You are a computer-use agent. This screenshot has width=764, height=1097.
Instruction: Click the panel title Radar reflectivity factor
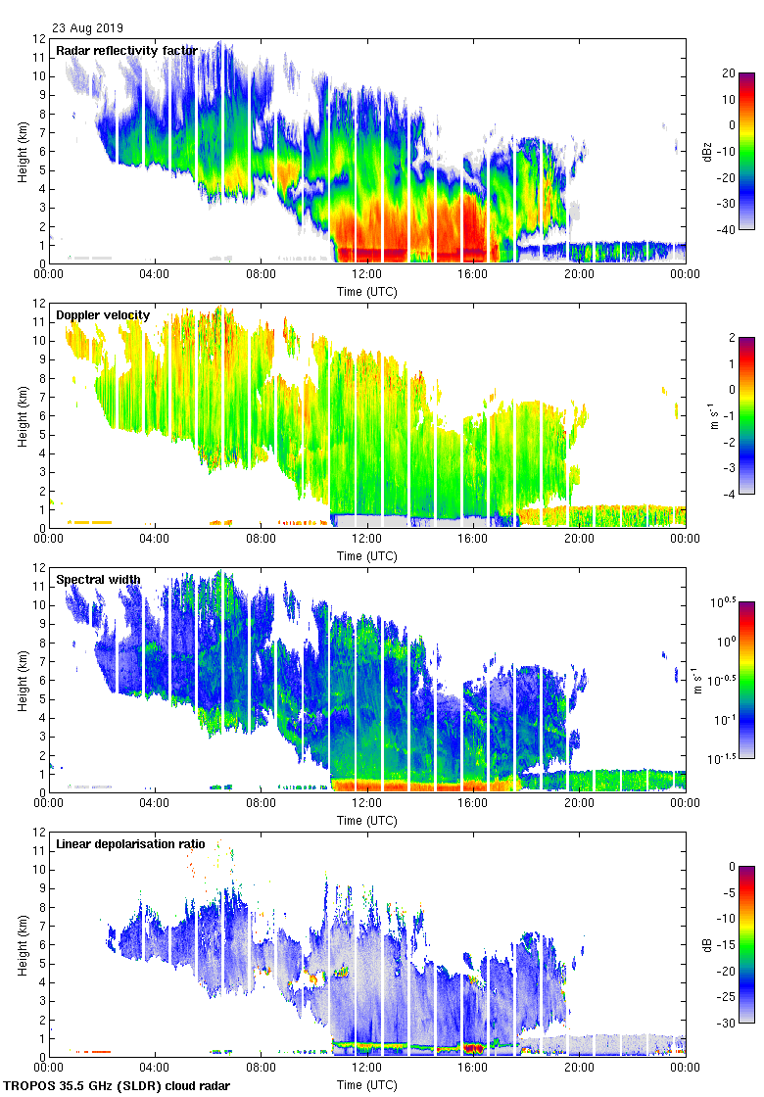point(126,51)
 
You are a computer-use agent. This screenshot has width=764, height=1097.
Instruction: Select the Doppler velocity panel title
point(103,315)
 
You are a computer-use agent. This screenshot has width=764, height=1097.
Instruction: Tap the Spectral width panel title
point(98,580)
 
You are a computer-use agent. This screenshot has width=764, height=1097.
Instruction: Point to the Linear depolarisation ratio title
point(132,844)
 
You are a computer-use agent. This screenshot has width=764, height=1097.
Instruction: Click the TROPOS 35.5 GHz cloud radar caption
point(118,1086)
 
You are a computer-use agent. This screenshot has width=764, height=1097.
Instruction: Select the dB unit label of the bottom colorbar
point(707,945)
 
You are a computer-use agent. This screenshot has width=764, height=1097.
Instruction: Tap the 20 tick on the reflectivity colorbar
point(728,73)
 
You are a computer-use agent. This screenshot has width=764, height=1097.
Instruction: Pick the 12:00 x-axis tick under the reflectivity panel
point(367,274)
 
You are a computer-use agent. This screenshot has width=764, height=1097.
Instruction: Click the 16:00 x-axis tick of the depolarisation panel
point(473,1068)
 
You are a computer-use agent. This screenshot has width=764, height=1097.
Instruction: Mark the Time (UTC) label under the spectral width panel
point(367,821)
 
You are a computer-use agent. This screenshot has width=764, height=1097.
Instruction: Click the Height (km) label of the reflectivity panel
point(22,152)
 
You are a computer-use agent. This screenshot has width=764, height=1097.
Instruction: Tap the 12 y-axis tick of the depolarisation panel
point(40,833)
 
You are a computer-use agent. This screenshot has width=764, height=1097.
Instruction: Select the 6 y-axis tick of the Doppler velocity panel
point(40,415)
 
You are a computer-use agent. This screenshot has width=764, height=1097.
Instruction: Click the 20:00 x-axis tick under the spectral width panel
point(579,803)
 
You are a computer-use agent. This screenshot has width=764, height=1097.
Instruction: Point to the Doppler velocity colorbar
point(746,415)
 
